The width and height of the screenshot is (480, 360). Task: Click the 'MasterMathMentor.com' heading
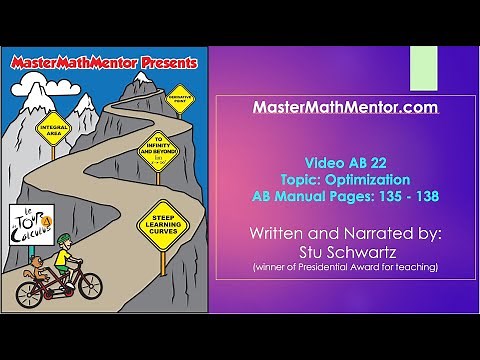pos(345,106)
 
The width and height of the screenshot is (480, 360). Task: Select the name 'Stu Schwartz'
pos(345,252)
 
